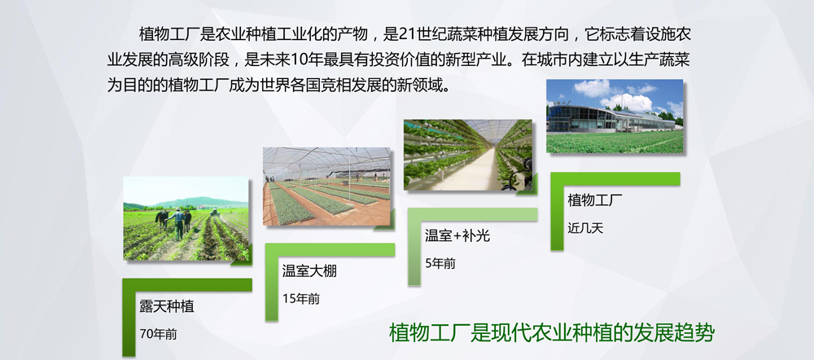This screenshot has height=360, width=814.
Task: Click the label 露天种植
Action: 167,307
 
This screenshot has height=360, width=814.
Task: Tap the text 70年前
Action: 159,334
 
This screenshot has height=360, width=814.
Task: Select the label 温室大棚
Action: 309,271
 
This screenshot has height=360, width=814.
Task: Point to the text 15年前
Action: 301,299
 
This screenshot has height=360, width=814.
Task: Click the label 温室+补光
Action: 457,236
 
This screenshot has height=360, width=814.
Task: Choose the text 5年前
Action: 440,263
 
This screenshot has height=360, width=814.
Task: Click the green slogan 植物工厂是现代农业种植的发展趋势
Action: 551,333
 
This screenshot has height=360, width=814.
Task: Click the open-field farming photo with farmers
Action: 186,219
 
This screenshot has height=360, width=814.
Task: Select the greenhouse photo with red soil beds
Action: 326,187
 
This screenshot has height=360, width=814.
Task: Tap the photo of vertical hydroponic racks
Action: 468,155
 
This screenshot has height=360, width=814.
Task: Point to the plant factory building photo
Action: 615,116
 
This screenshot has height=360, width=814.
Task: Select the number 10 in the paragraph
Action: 300,59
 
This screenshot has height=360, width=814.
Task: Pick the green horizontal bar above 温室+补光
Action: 472,214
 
